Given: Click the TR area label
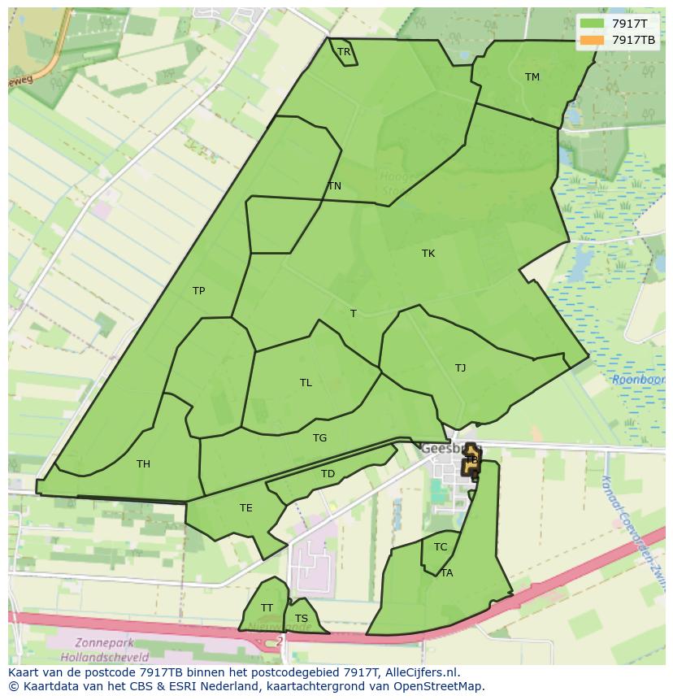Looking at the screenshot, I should click(x=344, y=52).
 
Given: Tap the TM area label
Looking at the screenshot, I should click(x=532, y=77).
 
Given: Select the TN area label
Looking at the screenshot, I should click(x=334, y=186).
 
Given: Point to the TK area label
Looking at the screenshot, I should click(x=428, y=254).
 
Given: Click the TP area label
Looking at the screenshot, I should click(x=199, y=291).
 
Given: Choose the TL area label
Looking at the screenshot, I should click(x=306, y=383).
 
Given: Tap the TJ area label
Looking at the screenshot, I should click(x=461, y=368).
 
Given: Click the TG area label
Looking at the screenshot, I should click(x=320, y=438).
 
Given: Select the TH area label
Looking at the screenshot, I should click(x=143, y=464).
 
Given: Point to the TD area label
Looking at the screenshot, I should click(x=328, y=474).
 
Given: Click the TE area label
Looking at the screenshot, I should click(x=246, y=508).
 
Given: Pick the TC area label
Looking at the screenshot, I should click(x=441, y=547).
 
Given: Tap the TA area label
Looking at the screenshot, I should click(x=447, y=573).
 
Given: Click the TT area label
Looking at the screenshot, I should click(x=267, y=608).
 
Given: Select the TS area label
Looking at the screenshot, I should click(x=302, y=619).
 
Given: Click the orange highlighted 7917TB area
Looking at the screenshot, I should click(x=471, y=459).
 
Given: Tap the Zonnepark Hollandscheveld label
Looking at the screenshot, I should click(x=104, y=650).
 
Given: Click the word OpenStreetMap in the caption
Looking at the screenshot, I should click(x=440, y=686).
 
